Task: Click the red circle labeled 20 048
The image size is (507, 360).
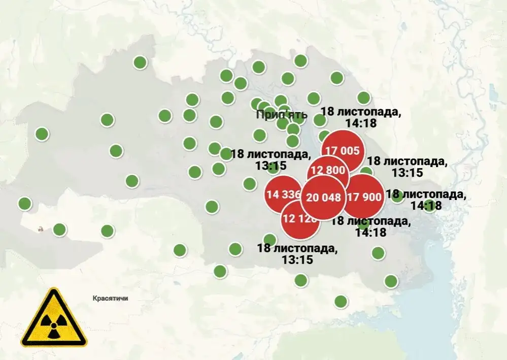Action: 324,198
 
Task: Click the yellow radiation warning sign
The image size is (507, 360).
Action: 53,319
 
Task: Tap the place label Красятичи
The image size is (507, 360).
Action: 110,298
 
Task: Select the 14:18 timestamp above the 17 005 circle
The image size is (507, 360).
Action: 361,122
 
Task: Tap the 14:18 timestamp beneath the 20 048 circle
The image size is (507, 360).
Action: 371,232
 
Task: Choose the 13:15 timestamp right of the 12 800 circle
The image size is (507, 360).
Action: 408,172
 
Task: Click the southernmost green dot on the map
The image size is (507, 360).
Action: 341,302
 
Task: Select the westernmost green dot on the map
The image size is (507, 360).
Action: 24,204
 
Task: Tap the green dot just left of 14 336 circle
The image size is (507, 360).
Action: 249,183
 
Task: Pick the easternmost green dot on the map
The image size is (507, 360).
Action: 430,205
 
